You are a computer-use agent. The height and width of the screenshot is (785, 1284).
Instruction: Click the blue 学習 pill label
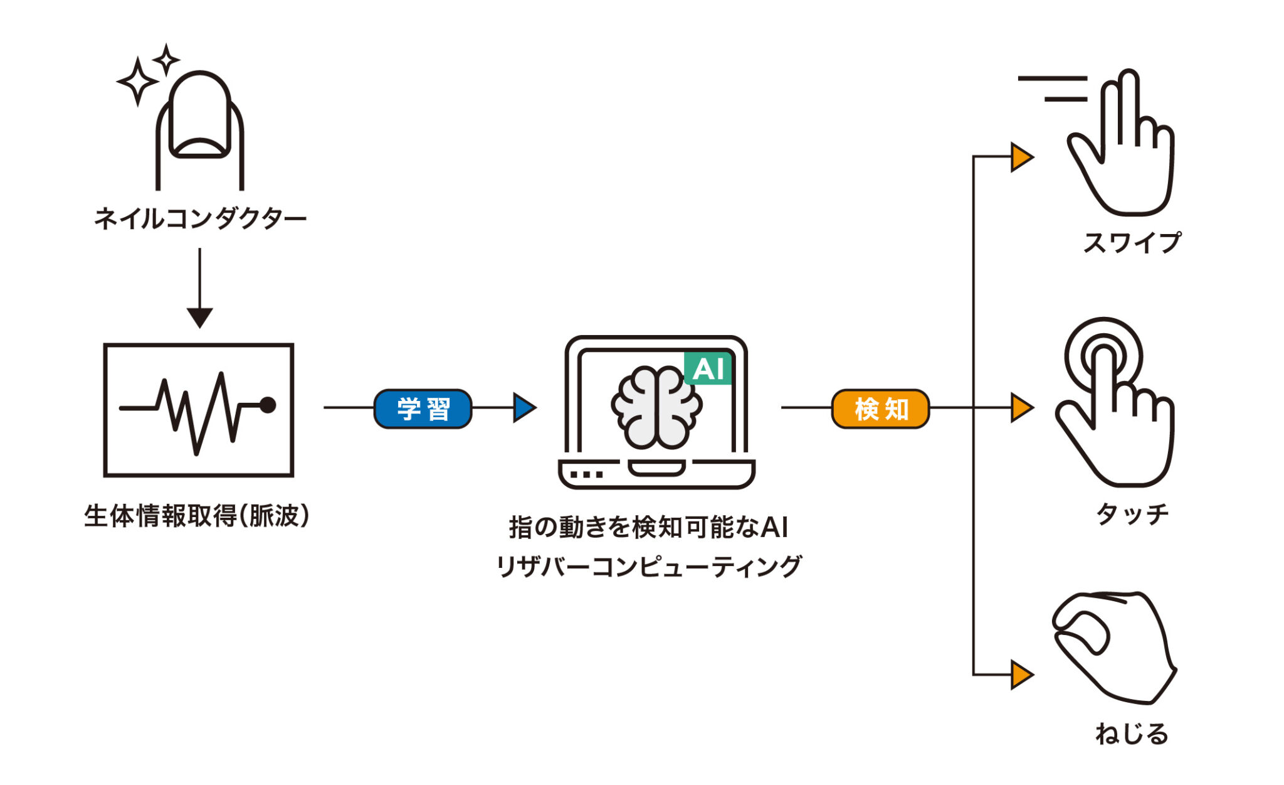[x=423, y=409]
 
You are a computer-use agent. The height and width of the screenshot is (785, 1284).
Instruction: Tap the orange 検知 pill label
[x=880, y=409]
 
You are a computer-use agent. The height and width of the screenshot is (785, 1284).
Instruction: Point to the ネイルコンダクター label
[x=200, y=219]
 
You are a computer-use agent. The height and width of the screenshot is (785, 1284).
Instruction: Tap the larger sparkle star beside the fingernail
[x=137, y=82]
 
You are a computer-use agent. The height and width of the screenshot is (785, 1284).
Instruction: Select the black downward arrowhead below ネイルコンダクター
[x=200, y=317]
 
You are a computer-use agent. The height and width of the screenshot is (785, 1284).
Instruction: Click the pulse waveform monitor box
[x=199, y=410]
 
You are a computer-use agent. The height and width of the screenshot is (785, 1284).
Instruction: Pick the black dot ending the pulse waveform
[x=268, y=405]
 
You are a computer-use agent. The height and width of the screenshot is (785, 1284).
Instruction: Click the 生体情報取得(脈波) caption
[x=197, y=516]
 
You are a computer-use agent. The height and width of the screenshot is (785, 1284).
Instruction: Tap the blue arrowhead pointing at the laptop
[x=524, y=408]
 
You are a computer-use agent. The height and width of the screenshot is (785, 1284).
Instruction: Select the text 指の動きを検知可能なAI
[x=648, y=527]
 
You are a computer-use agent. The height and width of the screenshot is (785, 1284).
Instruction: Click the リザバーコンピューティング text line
[x=648, y=567]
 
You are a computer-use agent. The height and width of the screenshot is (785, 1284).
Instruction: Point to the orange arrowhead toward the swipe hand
[x=1021, y=157]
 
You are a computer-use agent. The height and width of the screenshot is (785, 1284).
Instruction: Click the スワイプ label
[x=1132, y=243]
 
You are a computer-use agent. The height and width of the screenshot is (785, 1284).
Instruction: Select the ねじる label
[x=1132, y=734]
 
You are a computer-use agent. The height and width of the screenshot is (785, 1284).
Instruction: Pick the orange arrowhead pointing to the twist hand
[x=1021, y=675]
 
